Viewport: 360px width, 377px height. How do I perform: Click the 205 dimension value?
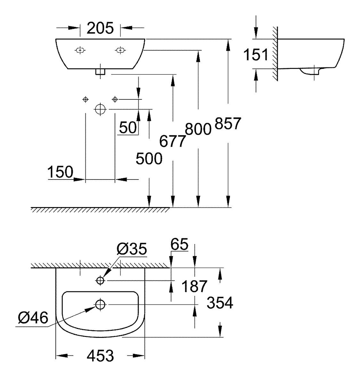point(100,28)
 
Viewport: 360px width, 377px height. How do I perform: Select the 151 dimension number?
point(256,54)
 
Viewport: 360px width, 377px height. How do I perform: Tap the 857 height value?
point(227,123)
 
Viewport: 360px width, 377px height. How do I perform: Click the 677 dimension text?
point(173,141)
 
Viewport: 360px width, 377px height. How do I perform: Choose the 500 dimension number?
point(149,158)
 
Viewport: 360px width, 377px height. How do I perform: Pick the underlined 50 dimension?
point(128,128)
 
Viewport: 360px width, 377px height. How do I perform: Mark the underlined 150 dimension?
point(60,172)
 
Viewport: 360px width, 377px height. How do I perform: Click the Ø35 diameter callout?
point(132,248)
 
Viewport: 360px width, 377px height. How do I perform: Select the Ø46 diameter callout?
point(33,318)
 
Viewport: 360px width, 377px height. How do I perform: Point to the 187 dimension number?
point(194,286)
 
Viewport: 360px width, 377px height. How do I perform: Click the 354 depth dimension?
point(220,303)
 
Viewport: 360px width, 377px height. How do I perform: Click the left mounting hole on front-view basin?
point(80,50)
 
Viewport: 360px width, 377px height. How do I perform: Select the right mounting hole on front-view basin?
point(120,50)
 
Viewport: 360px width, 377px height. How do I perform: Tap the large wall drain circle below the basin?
point(100,109)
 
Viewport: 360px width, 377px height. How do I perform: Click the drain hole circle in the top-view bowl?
point(100,304)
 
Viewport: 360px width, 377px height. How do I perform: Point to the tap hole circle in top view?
point(100,281)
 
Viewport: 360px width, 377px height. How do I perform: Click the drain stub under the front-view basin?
point(100,71)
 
